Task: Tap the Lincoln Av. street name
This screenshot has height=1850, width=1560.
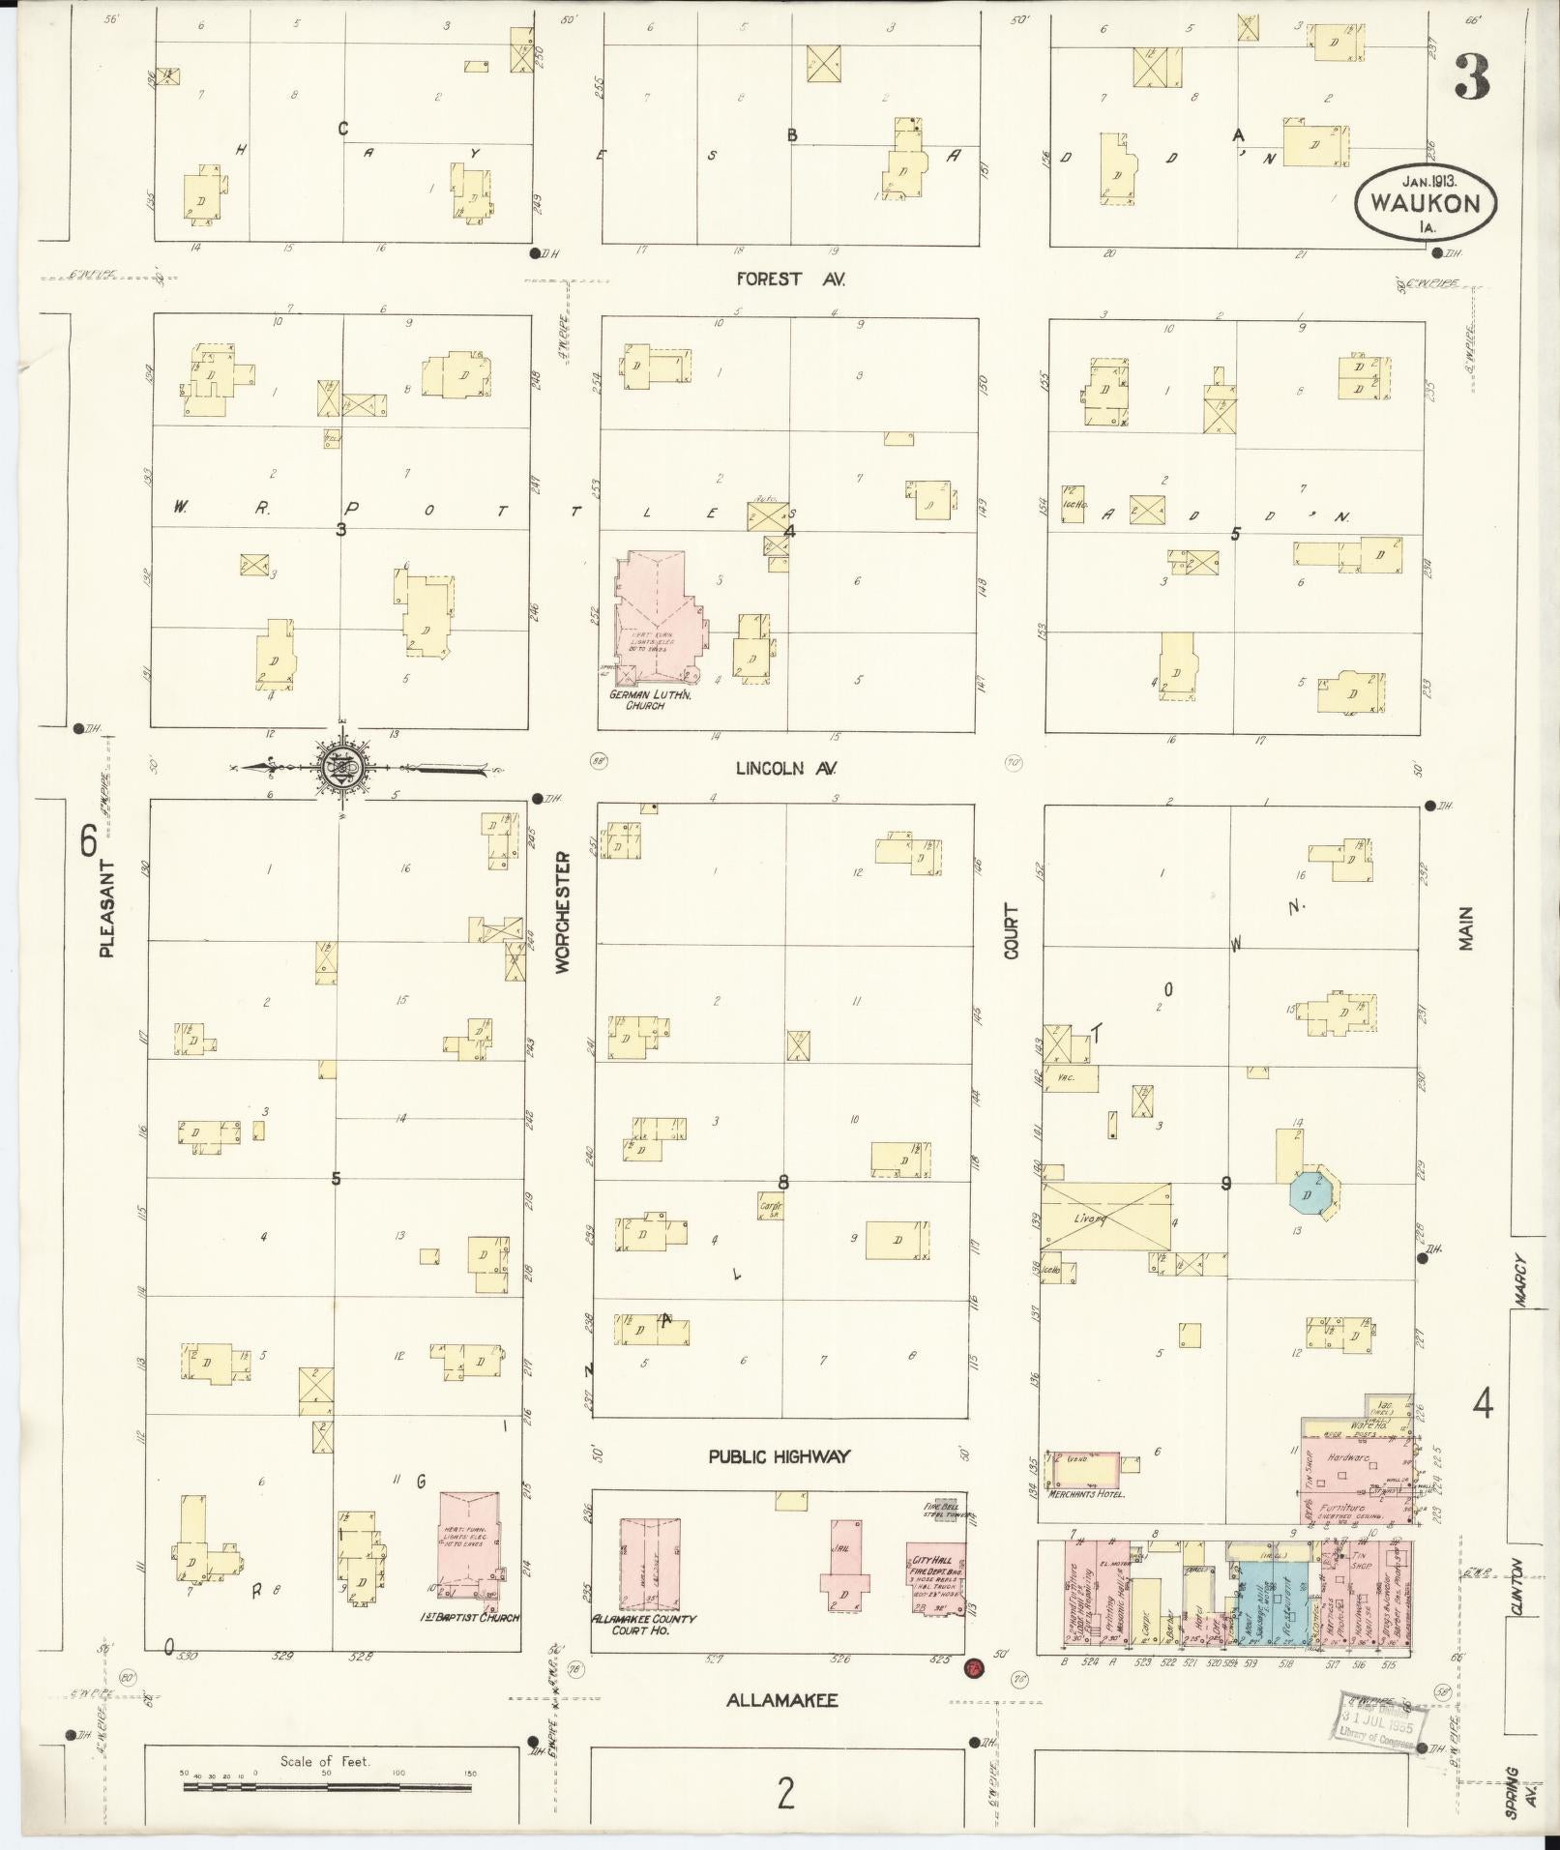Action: (785, 769)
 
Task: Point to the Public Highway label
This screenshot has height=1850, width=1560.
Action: (779, 1456)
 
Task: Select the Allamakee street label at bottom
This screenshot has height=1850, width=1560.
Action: (782, 1700)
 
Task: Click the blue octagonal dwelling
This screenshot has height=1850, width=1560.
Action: (1313, 1194)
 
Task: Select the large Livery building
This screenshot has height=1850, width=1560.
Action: (1105, 1221)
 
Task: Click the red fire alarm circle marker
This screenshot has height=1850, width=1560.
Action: (973, 1667)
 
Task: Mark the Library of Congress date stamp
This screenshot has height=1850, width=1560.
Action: (1373, 1718)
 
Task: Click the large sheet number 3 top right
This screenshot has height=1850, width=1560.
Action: (1471, 77)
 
